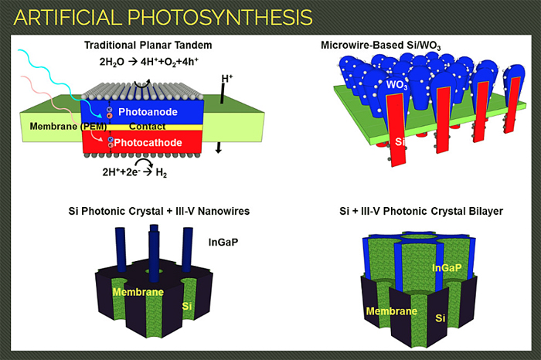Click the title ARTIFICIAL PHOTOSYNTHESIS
tap(163, 17)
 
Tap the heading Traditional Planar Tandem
tap(148, 45)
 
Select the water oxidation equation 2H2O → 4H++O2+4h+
tap(148, 62)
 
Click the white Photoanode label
tap(148, 112)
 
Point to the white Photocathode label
tap(148, 142)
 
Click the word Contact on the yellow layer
tap(148, 127)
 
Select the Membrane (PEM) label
tap(68, 126)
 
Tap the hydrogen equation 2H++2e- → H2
tap(134, 172)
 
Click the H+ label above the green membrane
tap(227, 79)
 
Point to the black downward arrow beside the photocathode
tap(219, 148)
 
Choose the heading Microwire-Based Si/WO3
tap(380, 46)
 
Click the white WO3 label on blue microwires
tap(396, 85)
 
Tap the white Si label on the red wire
tap(400, 141)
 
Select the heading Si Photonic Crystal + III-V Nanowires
tap(158, 211)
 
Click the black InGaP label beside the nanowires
tap(223, 242)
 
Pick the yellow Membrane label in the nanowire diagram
tap(138, 292)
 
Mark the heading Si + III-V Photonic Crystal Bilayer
tap(421, 211)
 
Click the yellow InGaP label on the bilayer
tap(447, 267)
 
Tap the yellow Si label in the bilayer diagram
tap(441, 318)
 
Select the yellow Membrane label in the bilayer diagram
tap(392, 311)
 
